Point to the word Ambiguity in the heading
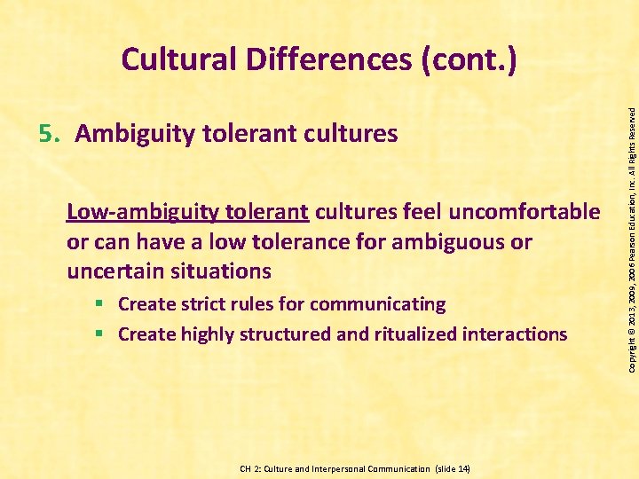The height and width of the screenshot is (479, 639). [x=133, y=134]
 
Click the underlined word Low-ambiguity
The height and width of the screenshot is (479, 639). [x=143, y=212]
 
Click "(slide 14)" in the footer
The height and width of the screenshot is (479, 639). [x=450, y=468]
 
